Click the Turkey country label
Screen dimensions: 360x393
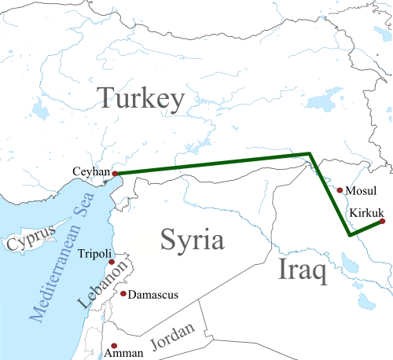pos(141,99)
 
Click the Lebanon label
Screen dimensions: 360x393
pos(98,286)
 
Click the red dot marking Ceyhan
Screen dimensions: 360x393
pos(115,174)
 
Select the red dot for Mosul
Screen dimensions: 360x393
pos(339,190)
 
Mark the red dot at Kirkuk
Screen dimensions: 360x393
pos(383,222)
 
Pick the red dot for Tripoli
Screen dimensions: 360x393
pos(112,262)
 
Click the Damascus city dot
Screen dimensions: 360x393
pos(123,295)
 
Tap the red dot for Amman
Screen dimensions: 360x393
pos(115,345)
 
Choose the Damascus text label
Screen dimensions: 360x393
pos(153,295)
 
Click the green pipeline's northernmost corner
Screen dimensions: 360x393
pos(310,153)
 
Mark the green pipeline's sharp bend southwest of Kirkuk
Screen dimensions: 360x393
pos(349,235)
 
